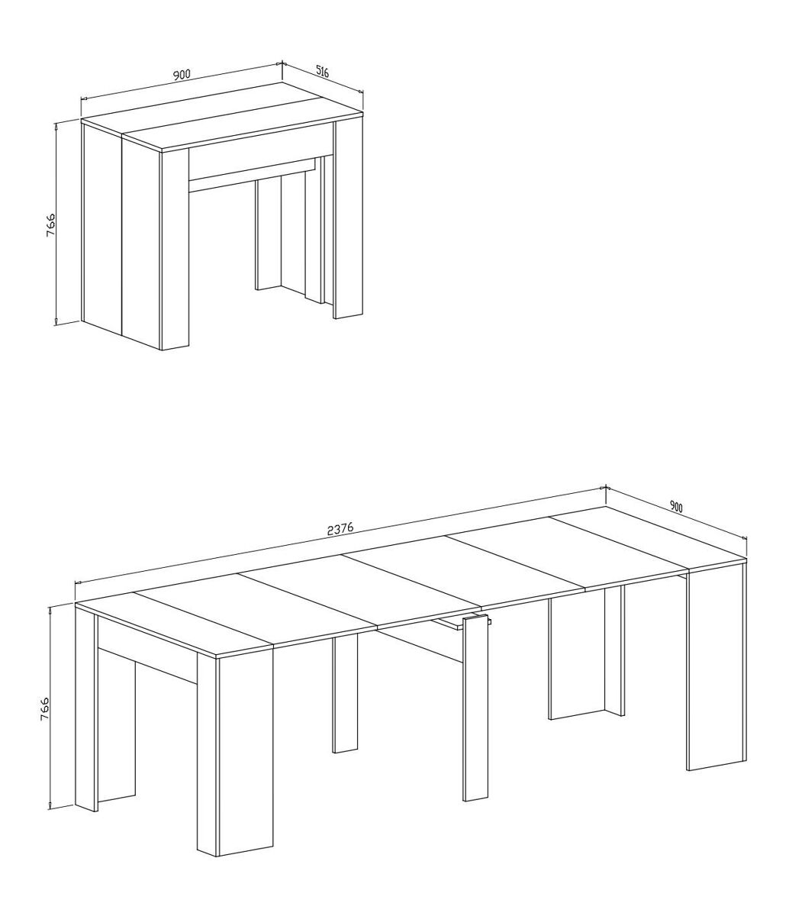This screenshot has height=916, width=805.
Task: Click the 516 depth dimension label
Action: [322, 72]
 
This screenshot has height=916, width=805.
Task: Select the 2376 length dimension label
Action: [340, 529]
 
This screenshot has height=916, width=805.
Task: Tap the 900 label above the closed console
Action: [182, 74]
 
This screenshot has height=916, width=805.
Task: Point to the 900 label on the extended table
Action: [676, 507]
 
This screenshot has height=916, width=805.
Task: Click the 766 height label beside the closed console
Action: [50, 224]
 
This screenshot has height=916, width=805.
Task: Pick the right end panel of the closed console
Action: [349, 219]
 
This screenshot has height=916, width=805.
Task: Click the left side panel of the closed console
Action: [102, 227]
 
